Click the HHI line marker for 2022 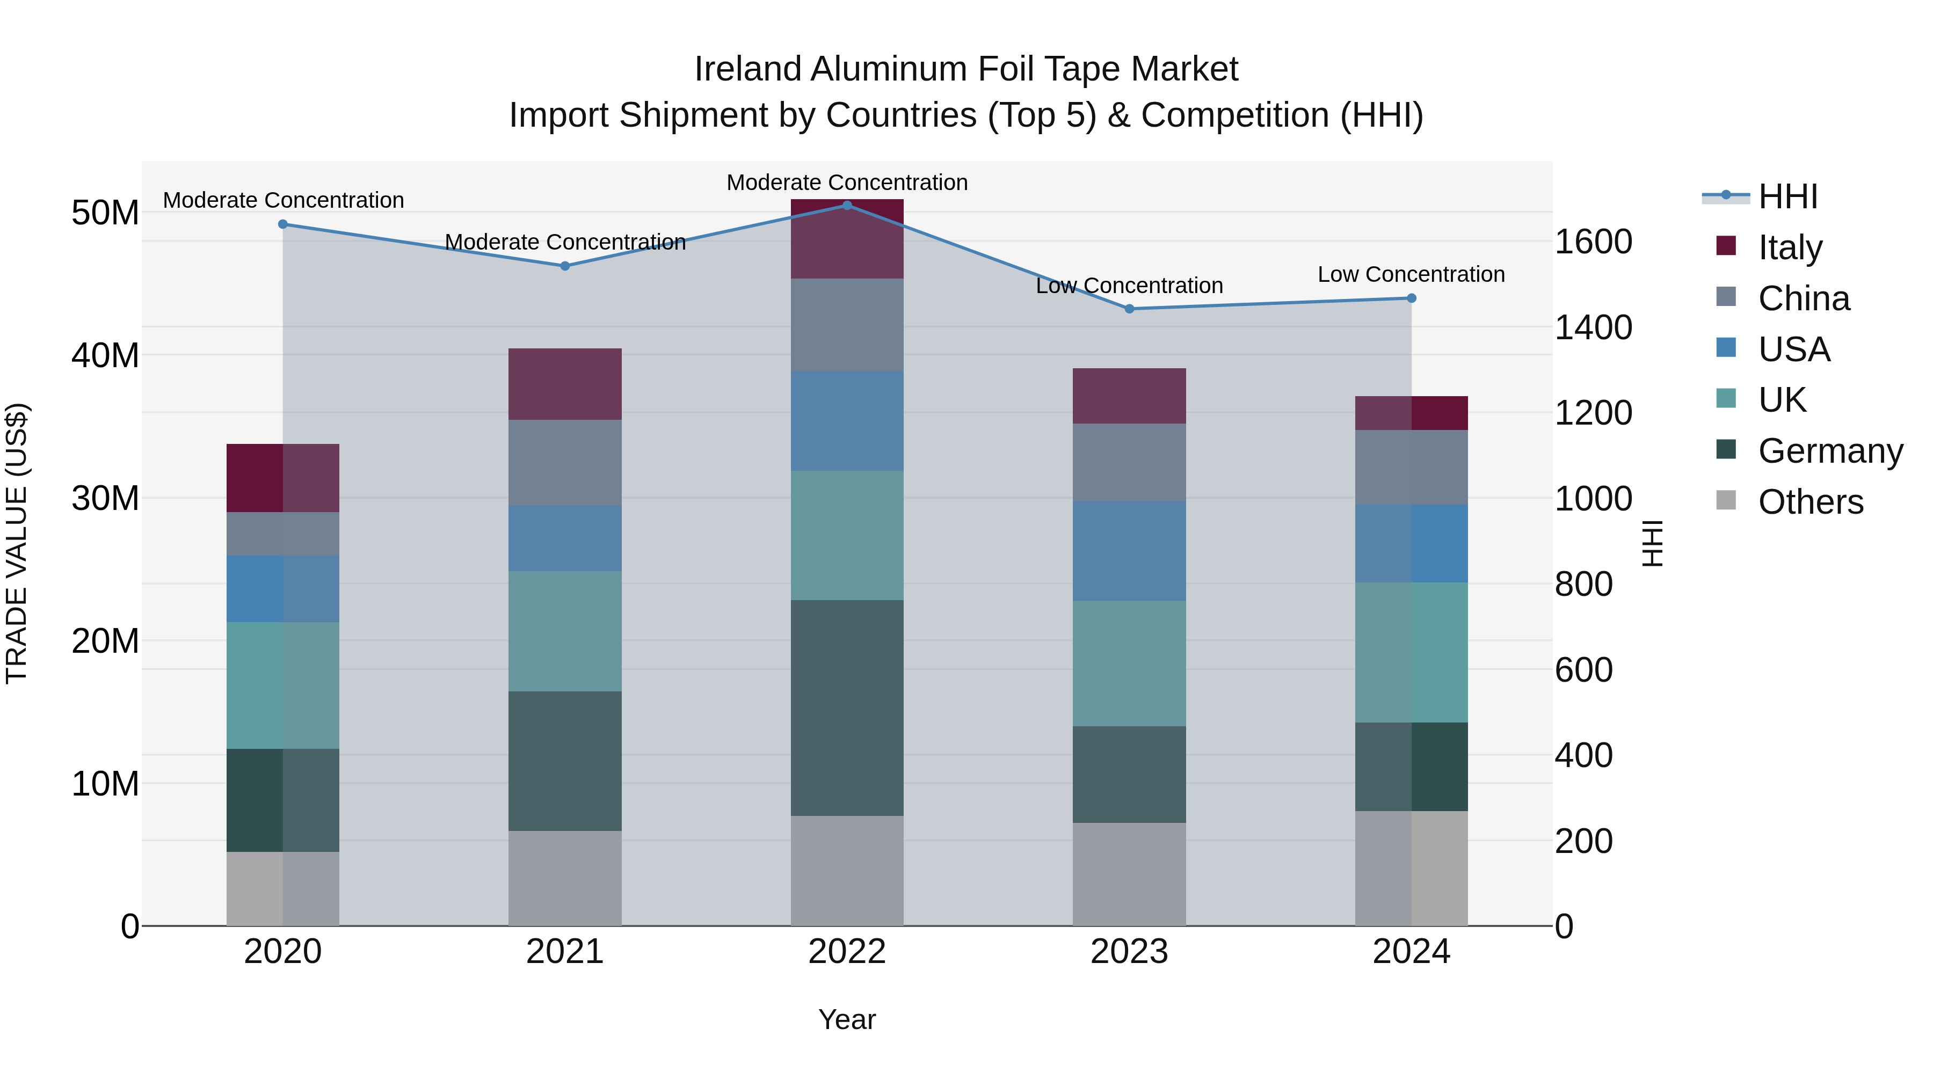point(847,205)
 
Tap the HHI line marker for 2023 point(1129,308)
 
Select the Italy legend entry point(1789,247)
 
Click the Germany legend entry point(1829,451)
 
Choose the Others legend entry point(1810,502)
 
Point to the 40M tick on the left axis point(105,355)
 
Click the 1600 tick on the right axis point(1593,242)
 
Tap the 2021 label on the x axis point(564,952)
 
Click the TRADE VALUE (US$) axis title point(17,543)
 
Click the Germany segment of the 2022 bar point(847,707)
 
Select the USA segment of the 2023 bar point(1129,551)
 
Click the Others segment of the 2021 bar point(564,878)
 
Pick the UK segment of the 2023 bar point(1129,663)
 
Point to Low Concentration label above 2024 point(1411,274)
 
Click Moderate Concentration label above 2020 point(283,200)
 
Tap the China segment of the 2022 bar point(847,325)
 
